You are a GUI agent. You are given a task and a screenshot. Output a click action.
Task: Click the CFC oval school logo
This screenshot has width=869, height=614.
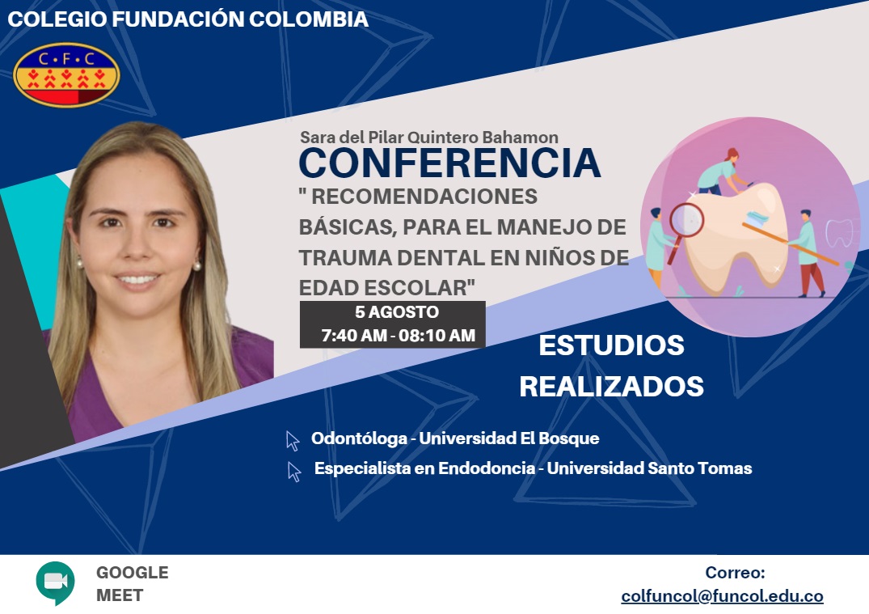[x=66, y=75]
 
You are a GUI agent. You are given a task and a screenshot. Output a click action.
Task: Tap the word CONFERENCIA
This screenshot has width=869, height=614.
[x=449, y=163]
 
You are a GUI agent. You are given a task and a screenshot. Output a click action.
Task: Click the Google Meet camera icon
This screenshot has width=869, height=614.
[x=56, y=582]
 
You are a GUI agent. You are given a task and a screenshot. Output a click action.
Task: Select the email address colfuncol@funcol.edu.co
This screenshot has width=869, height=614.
[x=722, y=596]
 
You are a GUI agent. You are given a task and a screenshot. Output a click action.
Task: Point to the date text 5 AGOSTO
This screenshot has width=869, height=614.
[x=397, y=312]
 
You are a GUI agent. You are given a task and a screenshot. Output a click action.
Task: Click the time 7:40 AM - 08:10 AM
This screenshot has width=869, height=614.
[x=398, y=336]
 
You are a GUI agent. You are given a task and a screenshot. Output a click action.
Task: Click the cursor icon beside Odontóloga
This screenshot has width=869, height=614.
[x=293, y=441]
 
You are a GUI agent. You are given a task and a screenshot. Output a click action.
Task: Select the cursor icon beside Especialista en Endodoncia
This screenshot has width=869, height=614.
[x=294, y=472]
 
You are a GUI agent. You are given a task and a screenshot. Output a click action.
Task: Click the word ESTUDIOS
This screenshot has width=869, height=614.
[x=611, y=345]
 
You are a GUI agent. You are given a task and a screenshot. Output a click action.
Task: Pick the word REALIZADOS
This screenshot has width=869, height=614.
[x=611, y=387]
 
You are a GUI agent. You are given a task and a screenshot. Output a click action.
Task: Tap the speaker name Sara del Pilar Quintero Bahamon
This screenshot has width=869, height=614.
[x=429, y=137]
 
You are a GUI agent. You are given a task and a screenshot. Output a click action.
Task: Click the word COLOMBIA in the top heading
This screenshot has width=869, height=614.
[x=309, y=19]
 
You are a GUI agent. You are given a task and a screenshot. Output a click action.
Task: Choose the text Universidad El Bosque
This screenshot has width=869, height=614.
[x=509, y=438]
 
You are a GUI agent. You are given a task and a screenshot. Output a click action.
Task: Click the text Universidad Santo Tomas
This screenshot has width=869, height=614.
[x=650, y=468]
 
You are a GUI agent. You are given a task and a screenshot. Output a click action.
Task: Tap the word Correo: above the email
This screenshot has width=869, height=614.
[x=735, y=573]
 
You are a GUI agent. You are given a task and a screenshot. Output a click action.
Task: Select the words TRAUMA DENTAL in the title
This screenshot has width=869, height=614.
[x=392, y=258]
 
